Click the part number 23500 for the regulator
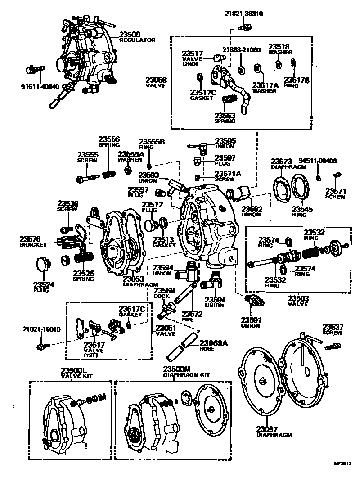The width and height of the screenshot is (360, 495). pyautogui.click(x=130, y=34)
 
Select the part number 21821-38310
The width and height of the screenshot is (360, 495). pyautogui.click(x=244, y=14)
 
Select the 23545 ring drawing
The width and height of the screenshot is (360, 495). pyautogui.click(x=300, y=186)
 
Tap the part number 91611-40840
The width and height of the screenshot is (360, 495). pyautogui.click(x=40, y=86)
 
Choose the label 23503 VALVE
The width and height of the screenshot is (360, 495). pyautogui.click(x=298, y=301)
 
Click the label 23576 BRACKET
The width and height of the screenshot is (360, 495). pyautogui.click(x=31, y=241)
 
